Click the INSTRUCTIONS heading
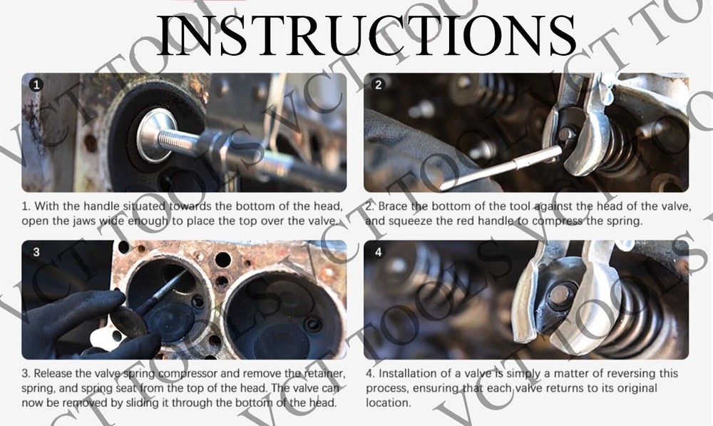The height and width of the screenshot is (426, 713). tap(366, 35)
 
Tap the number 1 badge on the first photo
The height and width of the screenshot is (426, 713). tap(36, 85)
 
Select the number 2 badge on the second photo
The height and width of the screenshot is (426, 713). tap(378, 84)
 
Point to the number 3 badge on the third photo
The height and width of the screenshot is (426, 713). tap(36, 252)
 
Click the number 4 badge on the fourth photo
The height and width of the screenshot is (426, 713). tap(379, 252)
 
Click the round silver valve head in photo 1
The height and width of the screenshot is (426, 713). tap(156, 135)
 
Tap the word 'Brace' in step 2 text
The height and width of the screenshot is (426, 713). tap(394, 207)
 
